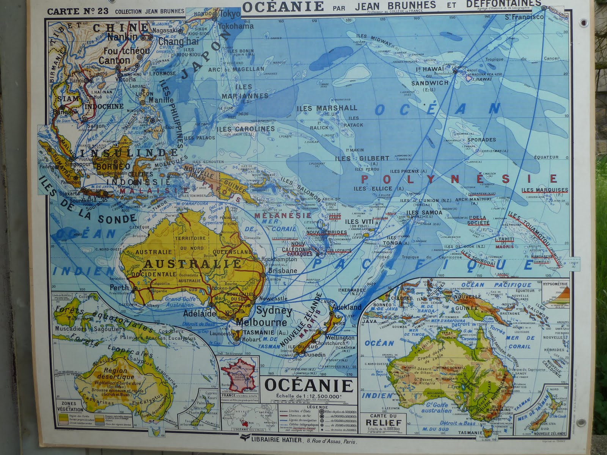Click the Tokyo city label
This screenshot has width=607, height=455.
point(230,14)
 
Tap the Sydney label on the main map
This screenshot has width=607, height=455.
point(274,311)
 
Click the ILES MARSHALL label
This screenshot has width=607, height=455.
point(327,108)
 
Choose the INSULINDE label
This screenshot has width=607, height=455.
point(129,153)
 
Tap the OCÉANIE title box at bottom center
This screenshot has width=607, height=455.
point(308,386)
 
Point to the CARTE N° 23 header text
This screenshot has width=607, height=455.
point(77,11)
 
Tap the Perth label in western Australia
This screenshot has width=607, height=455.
point(119,288)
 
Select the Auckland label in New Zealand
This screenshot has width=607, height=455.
point(347,307)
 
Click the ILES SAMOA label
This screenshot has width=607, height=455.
point(424,213)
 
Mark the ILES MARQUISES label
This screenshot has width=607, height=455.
point(544,190)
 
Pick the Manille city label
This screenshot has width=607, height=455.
point(161,100)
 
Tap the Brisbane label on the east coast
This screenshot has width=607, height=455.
point(282,271)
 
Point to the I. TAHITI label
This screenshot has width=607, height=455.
point(504,239)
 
